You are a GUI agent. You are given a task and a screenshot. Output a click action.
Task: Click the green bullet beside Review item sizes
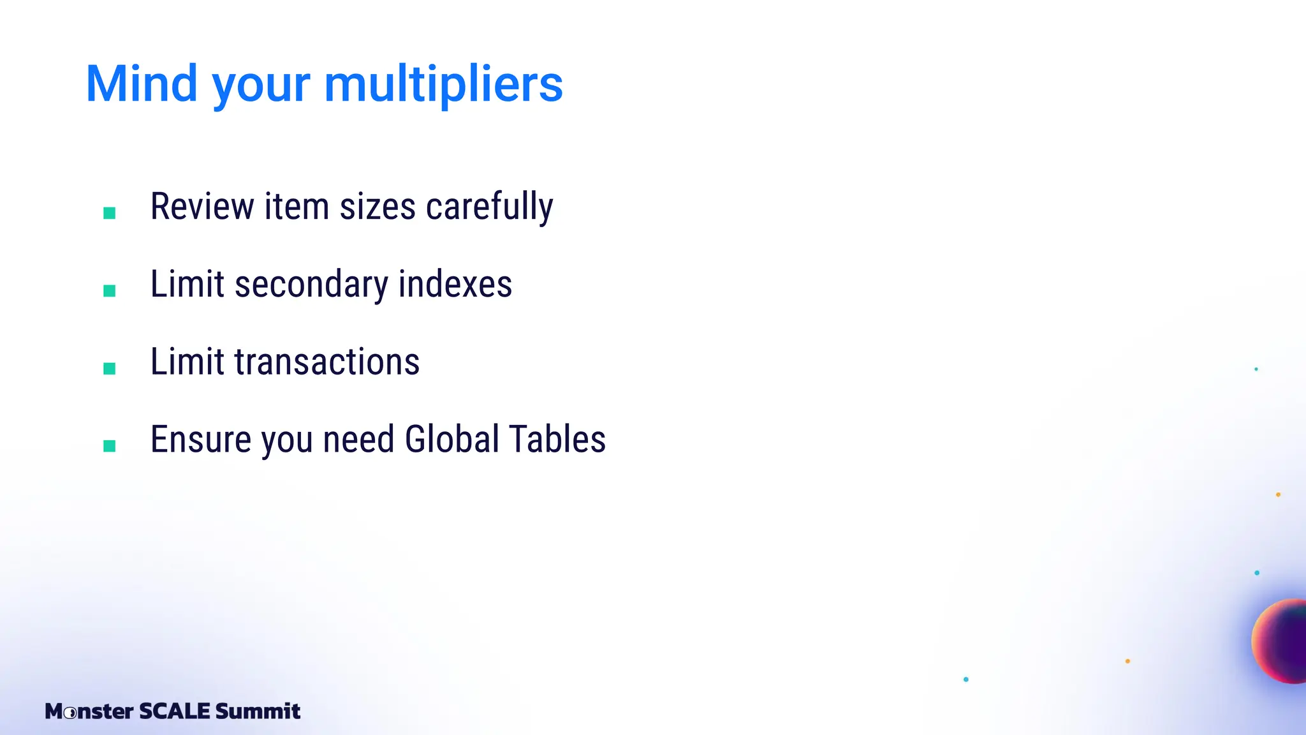110,213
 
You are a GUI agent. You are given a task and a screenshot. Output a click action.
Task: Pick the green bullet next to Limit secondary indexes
110,291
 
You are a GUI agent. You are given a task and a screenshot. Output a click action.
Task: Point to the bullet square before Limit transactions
110,369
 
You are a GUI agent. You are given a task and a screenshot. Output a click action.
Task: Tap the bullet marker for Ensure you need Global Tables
110,446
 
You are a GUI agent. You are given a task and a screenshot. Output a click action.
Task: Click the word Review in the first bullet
202,207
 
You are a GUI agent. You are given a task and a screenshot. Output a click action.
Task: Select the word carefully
489,208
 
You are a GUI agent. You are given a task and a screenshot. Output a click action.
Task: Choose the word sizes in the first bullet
378,208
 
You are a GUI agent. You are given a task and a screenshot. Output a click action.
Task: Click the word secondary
311,285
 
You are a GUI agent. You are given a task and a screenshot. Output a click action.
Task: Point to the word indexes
455,285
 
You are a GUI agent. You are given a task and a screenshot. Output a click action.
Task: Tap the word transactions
327,362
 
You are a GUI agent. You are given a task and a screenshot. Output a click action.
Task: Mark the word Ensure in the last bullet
201,440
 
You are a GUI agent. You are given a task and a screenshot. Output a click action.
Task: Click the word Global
451,440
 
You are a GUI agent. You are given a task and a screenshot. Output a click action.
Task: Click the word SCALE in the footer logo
174,711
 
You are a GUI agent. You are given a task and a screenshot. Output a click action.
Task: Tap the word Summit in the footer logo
258,711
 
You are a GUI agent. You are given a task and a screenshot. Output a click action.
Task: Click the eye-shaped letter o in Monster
71,712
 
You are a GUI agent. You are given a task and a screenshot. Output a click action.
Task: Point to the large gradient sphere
1282,641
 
